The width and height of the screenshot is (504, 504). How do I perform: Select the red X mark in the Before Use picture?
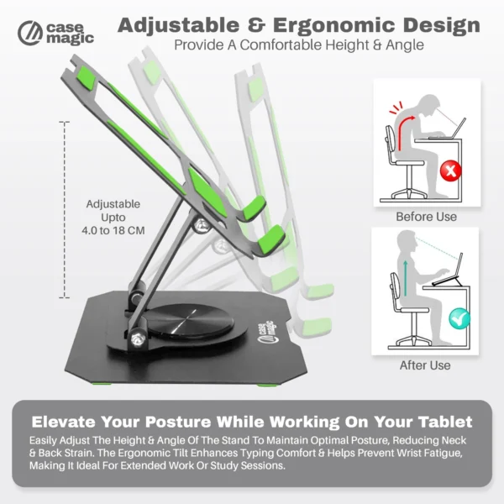(453, 171)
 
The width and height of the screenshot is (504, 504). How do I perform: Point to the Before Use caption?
(426, 217)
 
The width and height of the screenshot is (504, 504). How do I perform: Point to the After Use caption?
(426, 365)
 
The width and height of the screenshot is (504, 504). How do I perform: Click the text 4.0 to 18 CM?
(113, 230)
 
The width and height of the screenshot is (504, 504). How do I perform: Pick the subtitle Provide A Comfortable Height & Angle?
(298, 45)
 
